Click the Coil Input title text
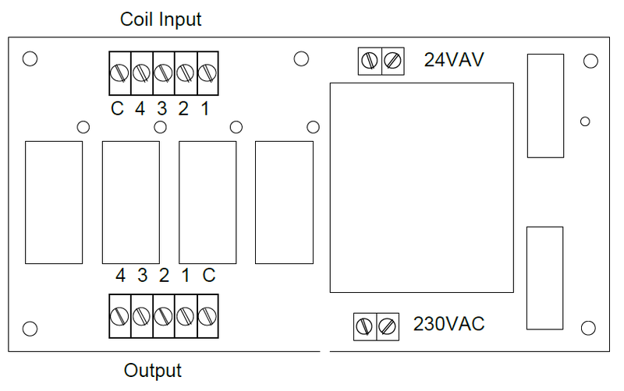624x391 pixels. (x=161, y=19)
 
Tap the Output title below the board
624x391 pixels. (x=153, y=371)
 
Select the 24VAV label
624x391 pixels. (x=455, y=60)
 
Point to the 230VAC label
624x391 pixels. (x=448, y=323)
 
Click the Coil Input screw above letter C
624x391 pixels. (x=119, y=72)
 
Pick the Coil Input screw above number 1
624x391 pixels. (x=207, y=72)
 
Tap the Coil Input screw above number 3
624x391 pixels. (x=163, y=72)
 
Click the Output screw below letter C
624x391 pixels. (x=207, y=316)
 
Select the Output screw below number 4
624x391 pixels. (x=119, y=316)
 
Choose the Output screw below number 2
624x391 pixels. (x=163, y=316)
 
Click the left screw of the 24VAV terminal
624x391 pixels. (x=370, y=61)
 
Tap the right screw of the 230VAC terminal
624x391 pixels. (x=387, y=326)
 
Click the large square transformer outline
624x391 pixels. (x=421, y=187)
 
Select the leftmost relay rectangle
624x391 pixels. (x=54, y=203)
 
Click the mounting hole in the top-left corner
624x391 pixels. (x=30, y=59)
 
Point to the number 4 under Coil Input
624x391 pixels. (x=140, y=109)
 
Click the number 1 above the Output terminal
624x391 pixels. (x=186, y=276)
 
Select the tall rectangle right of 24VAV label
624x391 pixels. (x=545, y=105)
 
